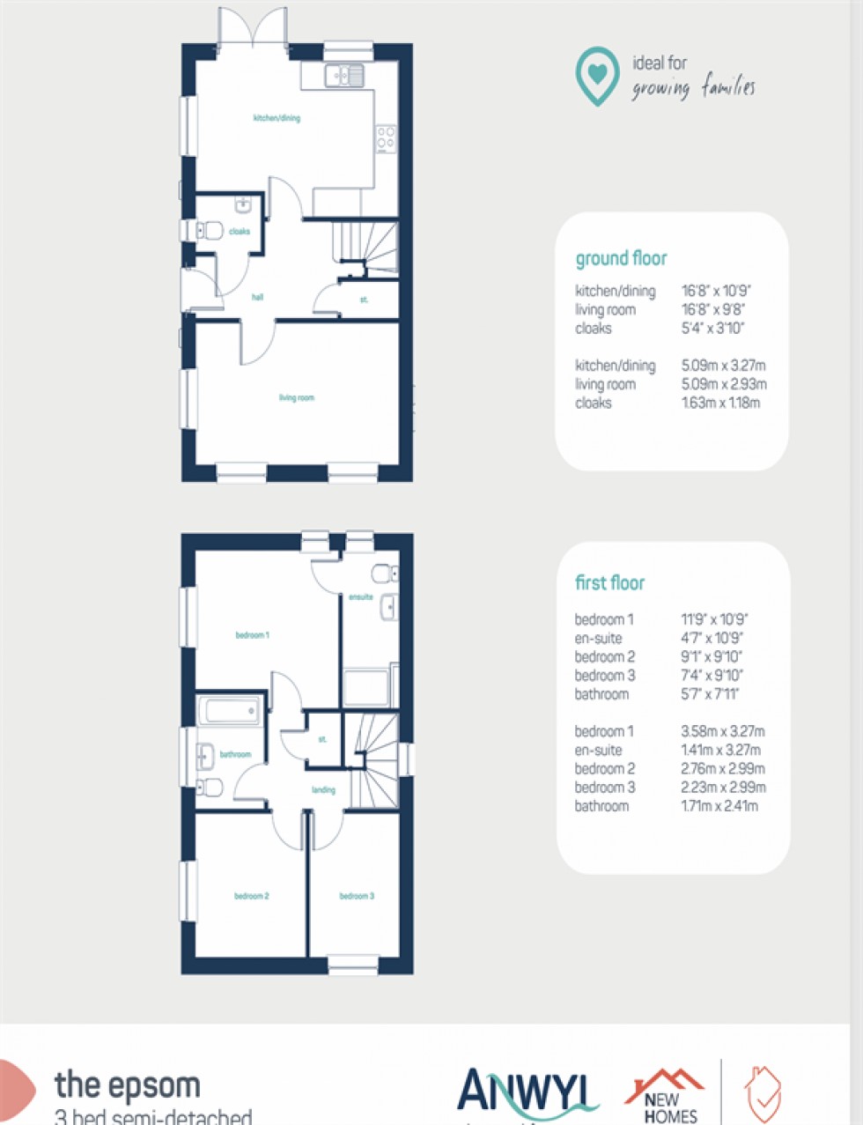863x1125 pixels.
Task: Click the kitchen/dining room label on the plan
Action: point(277,118)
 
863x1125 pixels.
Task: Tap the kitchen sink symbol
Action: point(344,77)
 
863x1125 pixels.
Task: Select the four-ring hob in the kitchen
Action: point(386,139)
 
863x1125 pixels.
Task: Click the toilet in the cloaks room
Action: point(209,231)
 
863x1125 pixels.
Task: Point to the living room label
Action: point(297,398)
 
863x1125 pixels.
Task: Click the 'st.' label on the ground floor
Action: point(364,300)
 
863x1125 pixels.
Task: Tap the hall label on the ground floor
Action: point(257,298)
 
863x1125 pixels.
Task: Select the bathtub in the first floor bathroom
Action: point(230,710)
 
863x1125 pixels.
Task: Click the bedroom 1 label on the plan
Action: point(252,635)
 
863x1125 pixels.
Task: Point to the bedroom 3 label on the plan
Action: point(357,897)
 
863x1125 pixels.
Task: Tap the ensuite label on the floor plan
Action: point(360,597)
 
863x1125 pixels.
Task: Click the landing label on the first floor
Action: point(323,790)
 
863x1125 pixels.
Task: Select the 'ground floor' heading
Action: point(621,259)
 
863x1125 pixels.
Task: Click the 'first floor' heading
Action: point(609,583)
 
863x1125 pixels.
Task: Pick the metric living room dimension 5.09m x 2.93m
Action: point(723,384)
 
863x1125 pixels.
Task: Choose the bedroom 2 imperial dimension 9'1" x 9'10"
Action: point(712,657)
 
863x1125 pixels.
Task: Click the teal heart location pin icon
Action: point(597,76)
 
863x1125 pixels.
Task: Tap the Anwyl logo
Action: point(526,1093)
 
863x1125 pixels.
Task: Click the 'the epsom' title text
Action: point(128,1085)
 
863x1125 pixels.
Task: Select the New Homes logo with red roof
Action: point(666,1095)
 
